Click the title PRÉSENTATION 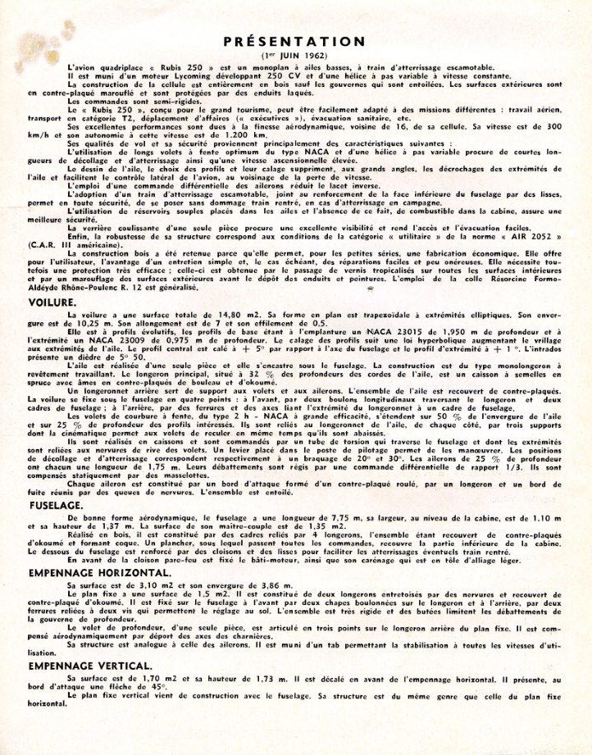point(296,41)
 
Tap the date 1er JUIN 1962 point(296,55)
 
